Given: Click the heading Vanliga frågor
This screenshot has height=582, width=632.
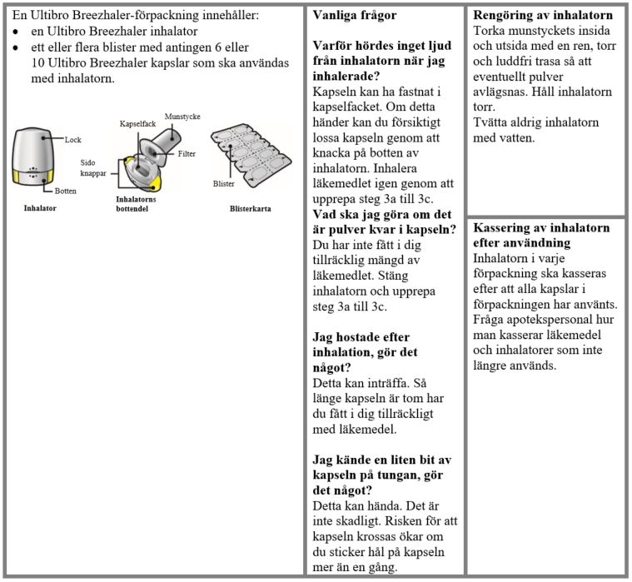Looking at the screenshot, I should tap(354, 15).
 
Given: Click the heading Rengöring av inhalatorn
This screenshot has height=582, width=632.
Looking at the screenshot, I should tap(543, 15).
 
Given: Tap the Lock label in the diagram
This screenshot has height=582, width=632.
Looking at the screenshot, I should tap(72, 140).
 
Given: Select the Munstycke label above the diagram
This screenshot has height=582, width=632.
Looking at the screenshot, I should tap(182, 117).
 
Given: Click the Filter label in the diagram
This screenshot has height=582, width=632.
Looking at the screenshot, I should tap(187, 154).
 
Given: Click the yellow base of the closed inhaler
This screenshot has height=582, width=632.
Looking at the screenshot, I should tap(33, 178).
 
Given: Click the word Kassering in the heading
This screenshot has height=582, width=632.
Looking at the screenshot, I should tap(503, 227).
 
